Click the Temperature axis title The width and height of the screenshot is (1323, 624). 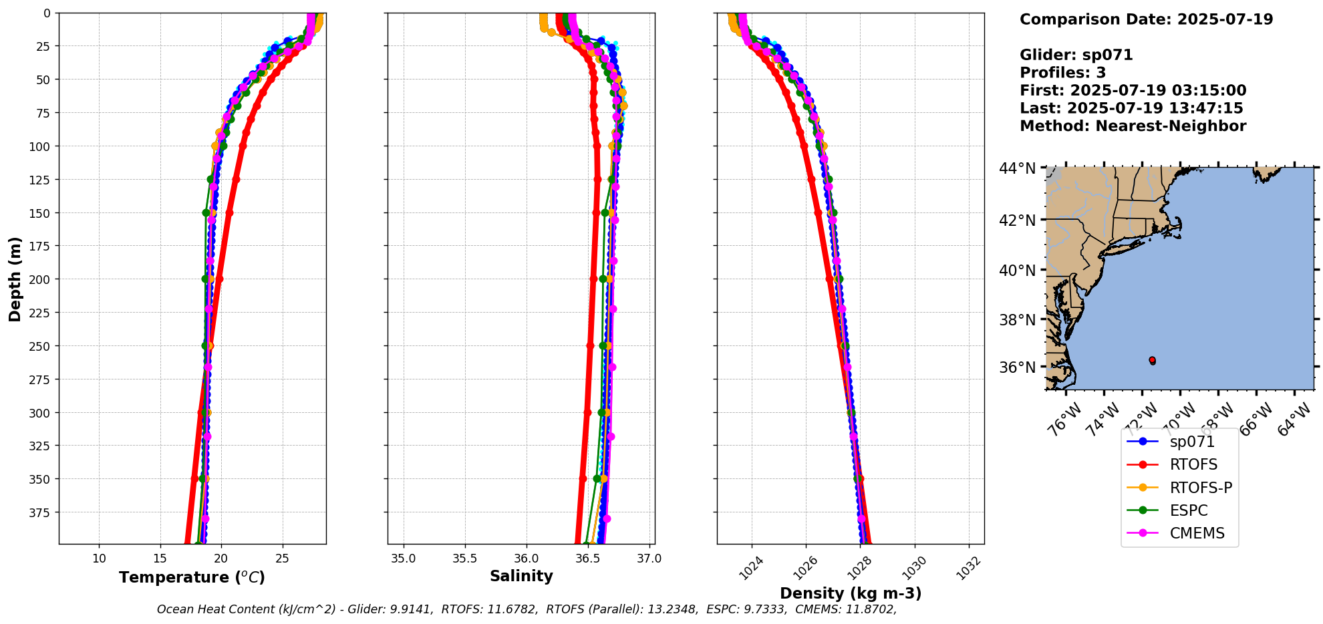[x=192, y=577]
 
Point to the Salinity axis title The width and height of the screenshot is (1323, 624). [x=521, y=576]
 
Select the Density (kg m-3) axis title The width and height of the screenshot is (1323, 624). [x=851, y=593]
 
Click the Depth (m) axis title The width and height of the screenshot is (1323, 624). [x=15, y=279]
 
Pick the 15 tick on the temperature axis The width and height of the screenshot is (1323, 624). [x=160, y=559]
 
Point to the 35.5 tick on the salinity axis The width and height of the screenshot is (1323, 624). [x=464, y=559]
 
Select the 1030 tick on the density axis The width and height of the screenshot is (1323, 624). [x=913, y=567]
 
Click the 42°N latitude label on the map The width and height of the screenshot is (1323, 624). [x=1017, y=220]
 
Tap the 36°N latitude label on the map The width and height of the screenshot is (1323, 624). [x=1017, y=367]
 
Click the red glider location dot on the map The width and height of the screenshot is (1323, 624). [x=1152, y=360]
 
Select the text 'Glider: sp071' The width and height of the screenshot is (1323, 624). [x=1076, y=55]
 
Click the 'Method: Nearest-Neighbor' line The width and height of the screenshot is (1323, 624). [x=1133, y=126]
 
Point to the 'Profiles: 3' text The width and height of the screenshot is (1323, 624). [x=1062, y=73]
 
